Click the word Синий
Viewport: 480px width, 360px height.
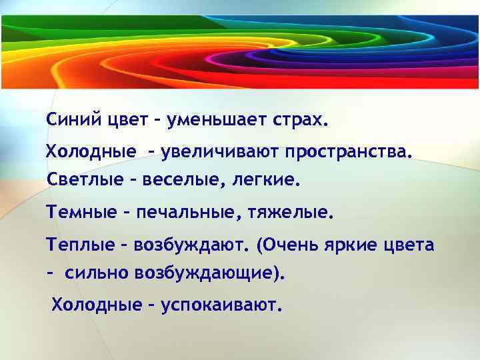point(73,121)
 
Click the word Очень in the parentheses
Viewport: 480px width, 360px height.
point(288,245)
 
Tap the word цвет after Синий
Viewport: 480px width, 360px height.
point(127,121)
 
